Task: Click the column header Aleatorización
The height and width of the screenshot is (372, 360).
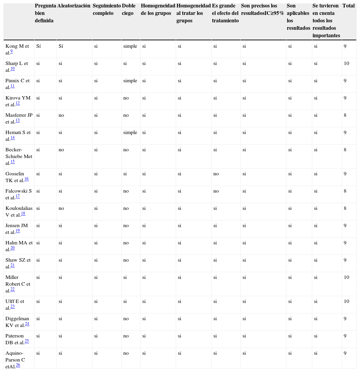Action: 74,6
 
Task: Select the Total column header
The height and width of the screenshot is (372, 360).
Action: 348,6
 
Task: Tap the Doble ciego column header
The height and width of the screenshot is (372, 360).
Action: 129,9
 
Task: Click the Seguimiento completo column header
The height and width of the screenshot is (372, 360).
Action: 106,9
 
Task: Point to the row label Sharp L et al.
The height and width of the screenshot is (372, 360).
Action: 16,66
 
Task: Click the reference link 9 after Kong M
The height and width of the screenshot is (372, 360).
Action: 12,51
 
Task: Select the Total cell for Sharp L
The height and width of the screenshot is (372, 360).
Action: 346,63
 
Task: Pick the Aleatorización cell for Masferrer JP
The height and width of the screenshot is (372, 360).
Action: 61,115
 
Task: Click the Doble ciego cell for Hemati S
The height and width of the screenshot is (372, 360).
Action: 130,132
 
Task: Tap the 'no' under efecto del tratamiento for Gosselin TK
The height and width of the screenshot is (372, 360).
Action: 216,174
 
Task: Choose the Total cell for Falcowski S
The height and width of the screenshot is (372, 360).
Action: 345,191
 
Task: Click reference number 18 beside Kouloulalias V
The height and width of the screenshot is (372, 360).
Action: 23,214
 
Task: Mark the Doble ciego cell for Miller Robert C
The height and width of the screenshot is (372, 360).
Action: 125,277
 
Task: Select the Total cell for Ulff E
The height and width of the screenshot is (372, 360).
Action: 346,301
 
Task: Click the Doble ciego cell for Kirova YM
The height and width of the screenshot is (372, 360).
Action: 126,98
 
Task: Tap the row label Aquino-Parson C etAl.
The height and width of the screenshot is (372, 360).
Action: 15,359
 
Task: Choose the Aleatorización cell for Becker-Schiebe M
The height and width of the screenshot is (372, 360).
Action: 61,150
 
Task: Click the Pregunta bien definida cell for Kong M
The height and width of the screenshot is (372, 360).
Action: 39,46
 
